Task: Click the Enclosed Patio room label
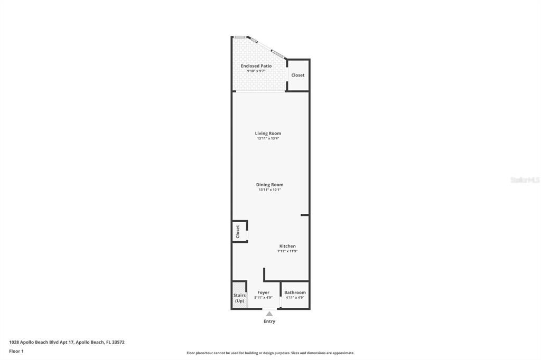(x=256, y=66)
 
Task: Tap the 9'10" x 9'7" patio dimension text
(x=256, y=71)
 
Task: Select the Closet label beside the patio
(x=298, y=75)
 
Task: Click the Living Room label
(x=268, y=134)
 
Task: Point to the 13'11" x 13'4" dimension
(x=268, y=139)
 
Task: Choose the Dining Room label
(x=269, y=185)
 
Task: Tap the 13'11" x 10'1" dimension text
(x=269, y=190)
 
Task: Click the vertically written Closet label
(x=238, y=231)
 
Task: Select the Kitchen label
(x=287, y=246)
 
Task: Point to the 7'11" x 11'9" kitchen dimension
(x=287, y=251)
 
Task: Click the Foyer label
(x=263, y=292)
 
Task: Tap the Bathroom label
(x=295, y=292)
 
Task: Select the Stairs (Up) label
(x=239, y=298)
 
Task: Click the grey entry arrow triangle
(x=269, y=314)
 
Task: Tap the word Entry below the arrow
(x=269, y=321)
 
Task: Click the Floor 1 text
(x=16, y=351)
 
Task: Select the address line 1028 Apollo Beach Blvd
(x=67, y=342)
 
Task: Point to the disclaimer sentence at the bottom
(x=270, y=353)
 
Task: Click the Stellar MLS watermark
(x=525, y=180)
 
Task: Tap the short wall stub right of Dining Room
(x=305, y=215)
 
